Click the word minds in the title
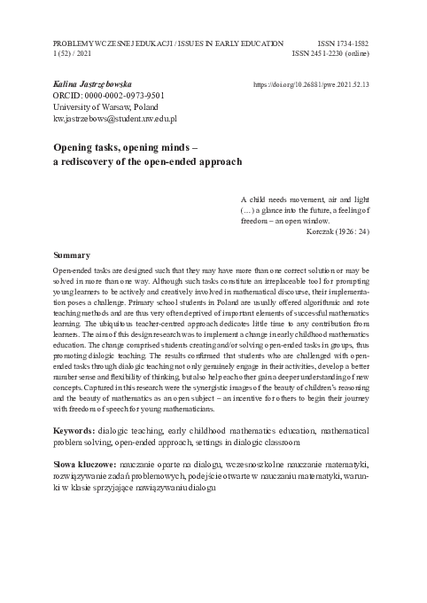[x=174, y=146]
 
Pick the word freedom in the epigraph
[x=260, y=222]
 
